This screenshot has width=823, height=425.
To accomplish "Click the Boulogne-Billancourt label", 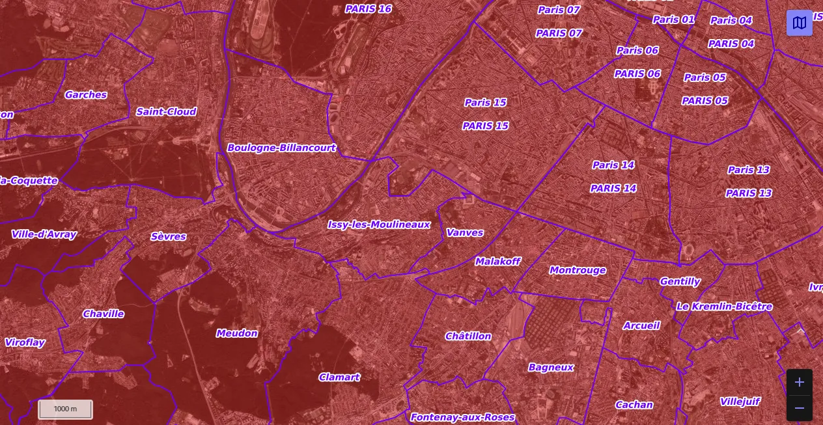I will click(281, 148).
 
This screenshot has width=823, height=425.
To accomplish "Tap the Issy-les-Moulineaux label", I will click(378, 225).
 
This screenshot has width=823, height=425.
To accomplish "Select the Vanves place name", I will click(465, 232).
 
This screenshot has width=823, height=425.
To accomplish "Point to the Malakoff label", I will click(497, 262).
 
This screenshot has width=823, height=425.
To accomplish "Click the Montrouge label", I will click(578, 270).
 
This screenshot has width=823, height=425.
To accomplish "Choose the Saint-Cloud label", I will click(166, 112).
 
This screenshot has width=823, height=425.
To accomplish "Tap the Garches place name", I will click(86, 95).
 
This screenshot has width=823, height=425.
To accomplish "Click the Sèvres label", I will click(169, 237).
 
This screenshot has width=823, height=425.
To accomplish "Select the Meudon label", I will click(237, 333).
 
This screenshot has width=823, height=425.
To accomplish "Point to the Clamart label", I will click(339, 377).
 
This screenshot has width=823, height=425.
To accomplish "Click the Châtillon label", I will click(468, 336).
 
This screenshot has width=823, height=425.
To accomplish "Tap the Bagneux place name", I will click(551, 367).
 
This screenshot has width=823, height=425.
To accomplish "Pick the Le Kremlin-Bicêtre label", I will click(724, 307).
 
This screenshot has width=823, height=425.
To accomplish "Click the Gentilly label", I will click(680, 282).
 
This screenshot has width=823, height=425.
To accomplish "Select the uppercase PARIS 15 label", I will click(486, 126).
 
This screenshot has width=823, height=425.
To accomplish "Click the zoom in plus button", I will click(800, 383).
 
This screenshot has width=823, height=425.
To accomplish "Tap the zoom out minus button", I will click(800, 408).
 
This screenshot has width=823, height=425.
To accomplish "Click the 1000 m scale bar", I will click(65, 409).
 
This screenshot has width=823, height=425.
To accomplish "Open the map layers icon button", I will click(800, 23).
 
